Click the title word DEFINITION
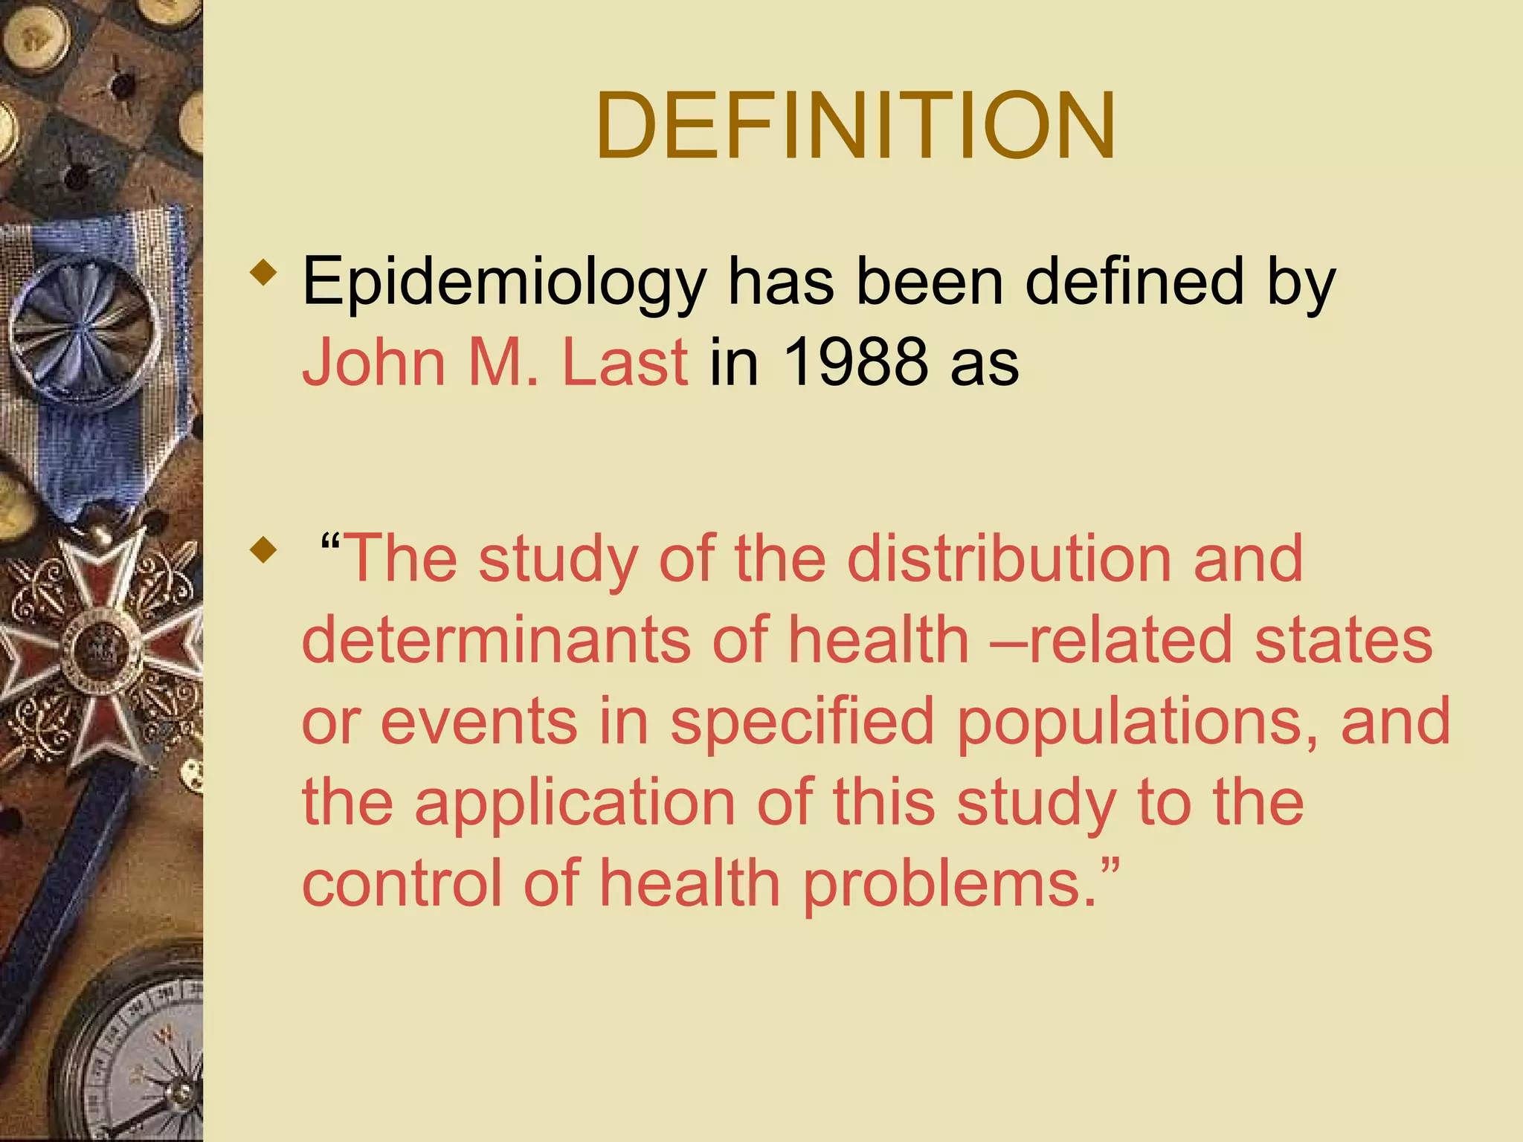[x=855, y=125]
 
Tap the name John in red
[x=373, y=363]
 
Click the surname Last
[x=625, y=363]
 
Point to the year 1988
[x=855, y=363]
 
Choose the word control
[x=402, y=883]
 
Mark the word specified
[x=802, y=721]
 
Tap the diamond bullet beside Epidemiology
[x=263, y=272]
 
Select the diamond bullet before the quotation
[x=263, y=551]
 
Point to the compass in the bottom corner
[x=138, y=1056]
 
